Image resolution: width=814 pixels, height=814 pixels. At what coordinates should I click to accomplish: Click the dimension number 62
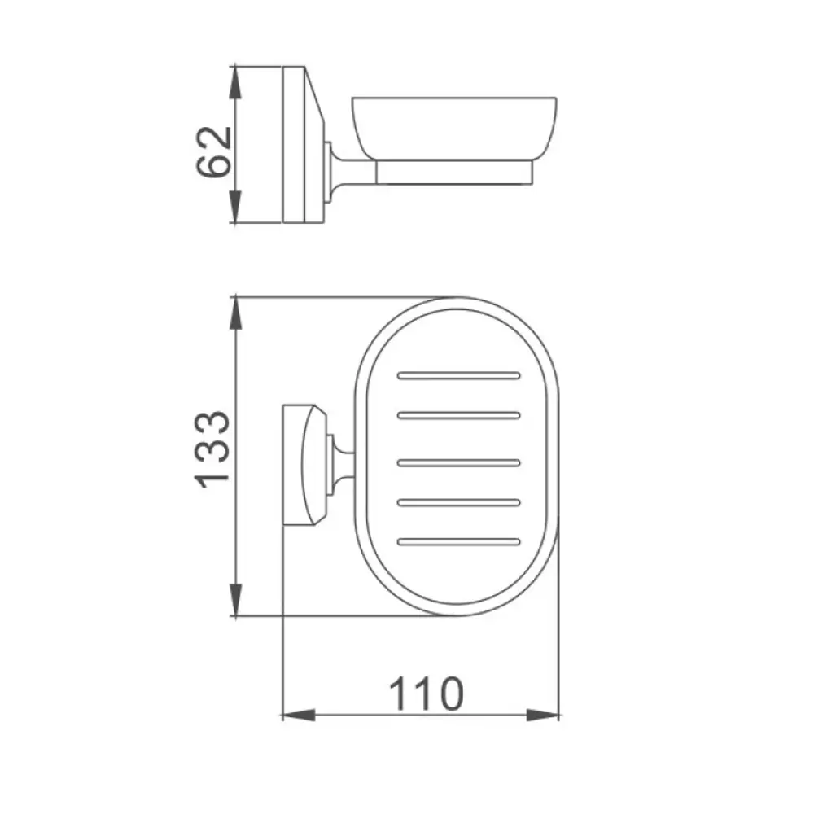[213, 151]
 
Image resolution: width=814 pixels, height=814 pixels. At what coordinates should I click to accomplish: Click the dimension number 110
[427, 694]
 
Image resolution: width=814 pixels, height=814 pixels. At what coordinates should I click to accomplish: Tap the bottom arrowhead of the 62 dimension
[236, 206]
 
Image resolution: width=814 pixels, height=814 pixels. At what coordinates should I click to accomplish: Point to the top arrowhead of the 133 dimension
[236, 313]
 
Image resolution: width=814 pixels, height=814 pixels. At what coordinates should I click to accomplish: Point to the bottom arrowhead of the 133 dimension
[236, 600]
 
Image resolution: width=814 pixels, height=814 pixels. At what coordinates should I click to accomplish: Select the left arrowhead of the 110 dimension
[299, 715]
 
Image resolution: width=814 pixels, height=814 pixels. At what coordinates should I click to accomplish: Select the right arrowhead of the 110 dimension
[543, 715]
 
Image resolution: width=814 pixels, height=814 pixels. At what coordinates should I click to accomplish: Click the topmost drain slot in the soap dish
[459, 375]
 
